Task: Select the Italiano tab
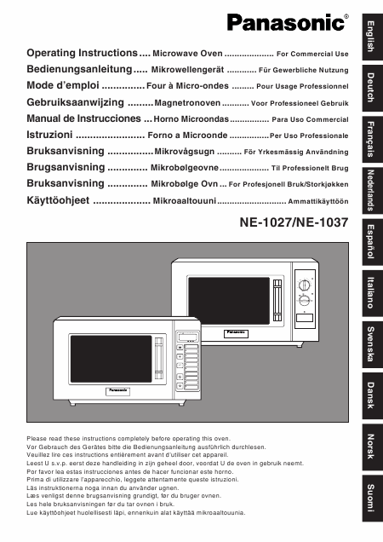click(369, 293)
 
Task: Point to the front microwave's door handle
click(158, 366)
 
